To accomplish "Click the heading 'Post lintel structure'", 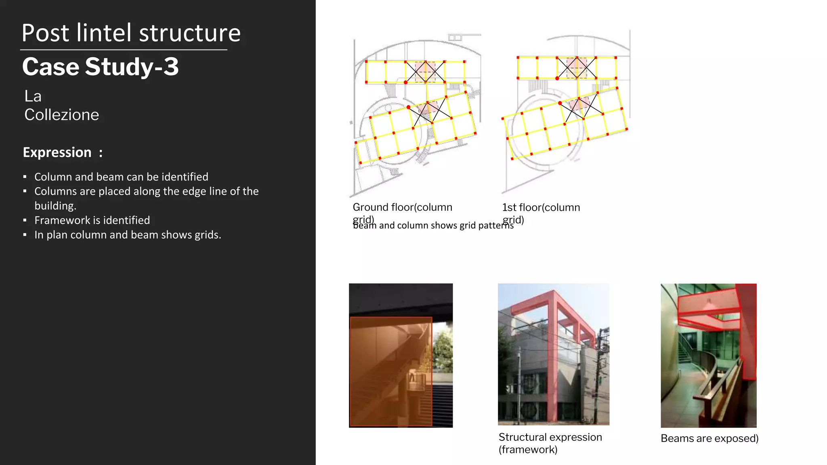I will (131, 33).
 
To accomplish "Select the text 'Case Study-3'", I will (100, 67).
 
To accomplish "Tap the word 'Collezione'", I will (61, 115).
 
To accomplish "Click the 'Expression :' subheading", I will (63, 153).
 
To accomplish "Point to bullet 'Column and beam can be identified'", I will (121, 177).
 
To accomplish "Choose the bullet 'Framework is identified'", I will (92, 220).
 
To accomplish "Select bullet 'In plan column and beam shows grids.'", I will (128, 235).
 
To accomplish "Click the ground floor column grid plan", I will (416, 113).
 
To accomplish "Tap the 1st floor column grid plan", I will (565, 109).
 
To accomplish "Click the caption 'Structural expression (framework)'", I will (550, 443).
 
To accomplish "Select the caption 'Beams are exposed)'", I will (709, 438).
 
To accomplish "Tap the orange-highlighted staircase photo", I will (401, 355).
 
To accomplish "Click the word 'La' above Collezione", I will (33, 96).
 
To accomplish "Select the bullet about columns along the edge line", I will (146, 198).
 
